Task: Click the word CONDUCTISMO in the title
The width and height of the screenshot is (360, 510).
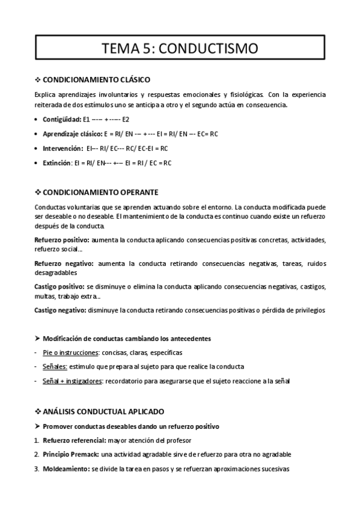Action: click(x=208, y=48)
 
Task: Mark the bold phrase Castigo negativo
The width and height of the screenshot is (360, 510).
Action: click(x=61, y=310)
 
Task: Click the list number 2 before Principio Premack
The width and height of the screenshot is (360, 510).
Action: click(x=37, y=456)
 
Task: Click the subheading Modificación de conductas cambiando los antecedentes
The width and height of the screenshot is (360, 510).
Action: click(x=126, y=339)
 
